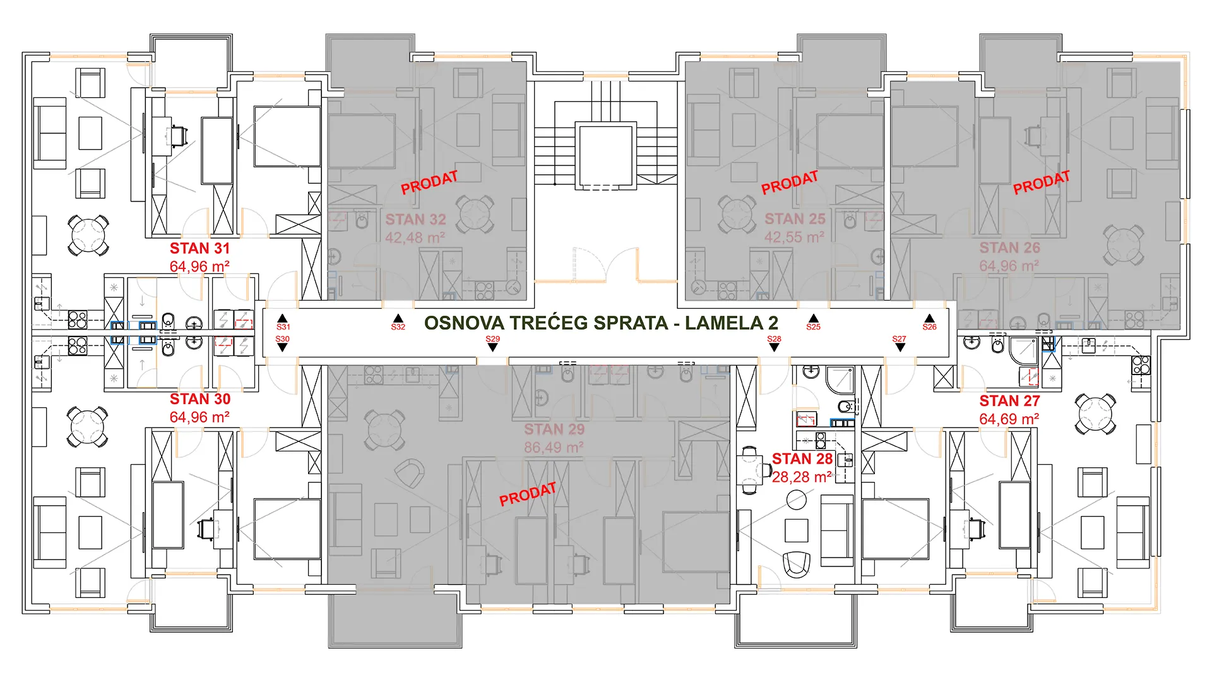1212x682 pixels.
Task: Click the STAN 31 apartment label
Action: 199,248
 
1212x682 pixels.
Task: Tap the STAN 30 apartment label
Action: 199,399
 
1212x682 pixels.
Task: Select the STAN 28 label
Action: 802,459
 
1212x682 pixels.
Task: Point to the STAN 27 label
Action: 1009,401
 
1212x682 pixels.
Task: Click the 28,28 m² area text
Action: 802,477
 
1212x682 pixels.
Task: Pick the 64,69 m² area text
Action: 1009,419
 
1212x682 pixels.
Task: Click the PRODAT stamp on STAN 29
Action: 528,494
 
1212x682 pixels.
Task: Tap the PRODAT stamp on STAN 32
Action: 429,182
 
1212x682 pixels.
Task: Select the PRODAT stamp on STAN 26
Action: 1042,182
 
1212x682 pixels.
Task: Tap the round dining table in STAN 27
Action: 1095,414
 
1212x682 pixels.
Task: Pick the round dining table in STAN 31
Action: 88,235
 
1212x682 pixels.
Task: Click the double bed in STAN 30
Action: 287,529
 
